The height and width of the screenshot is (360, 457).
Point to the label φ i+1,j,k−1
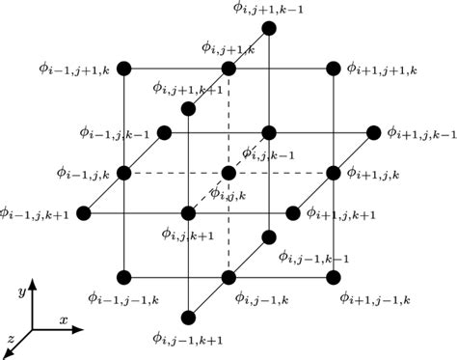tap(420, 132)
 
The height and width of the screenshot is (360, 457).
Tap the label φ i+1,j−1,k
tap(375, 296)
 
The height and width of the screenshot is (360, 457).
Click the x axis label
tap(63, 319)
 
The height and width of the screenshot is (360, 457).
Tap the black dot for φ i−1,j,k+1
tap(85, 213)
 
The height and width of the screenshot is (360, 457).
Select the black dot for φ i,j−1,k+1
tap(189, 318)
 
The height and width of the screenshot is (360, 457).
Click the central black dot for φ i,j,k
tap(228, 173)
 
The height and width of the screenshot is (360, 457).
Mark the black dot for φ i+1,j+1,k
tap(334, 69)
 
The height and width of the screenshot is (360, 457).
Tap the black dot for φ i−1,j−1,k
tap(125, 278)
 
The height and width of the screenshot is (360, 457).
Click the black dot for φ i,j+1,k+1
tap(189, 108)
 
